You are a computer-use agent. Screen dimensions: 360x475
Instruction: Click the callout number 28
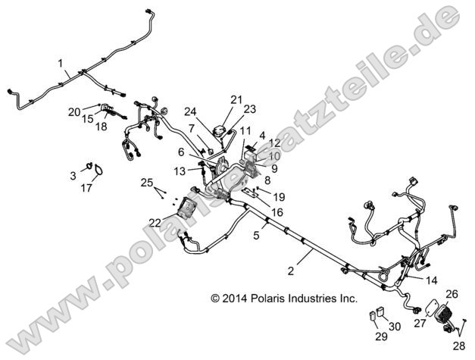click(x=460, y=346)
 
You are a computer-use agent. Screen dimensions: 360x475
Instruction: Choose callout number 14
click(x=431, y=279)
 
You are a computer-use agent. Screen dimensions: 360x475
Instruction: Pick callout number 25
click(x=146, y=183)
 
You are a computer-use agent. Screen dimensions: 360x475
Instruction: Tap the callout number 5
click(x=256, y=235)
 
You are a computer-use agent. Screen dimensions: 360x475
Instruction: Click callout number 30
click(x=394, y=327)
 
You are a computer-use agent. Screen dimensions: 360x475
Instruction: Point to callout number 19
click(x=280, y=196)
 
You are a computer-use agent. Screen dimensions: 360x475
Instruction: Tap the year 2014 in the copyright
click(x=233, y=299)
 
